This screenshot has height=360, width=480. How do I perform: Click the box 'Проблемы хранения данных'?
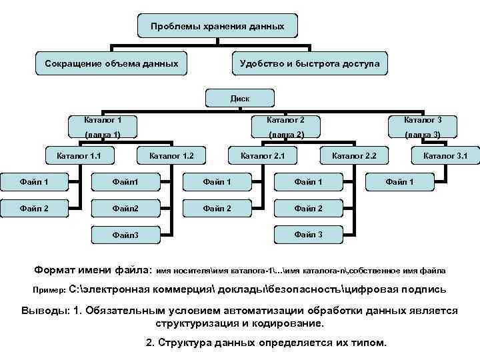point(217,27)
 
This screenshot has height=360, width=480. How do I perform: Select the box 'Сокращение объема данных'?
point(111,64)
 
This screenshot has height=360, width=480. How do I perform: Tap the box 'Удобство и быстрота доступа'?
point(306,64)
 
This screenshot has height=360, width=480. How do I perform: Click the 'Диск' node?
point(239,98)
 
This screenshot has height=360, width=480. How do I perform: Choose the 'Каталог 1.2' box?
point(171,157)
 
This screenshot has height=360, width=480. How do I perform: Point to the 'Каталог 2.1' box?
point(263,157)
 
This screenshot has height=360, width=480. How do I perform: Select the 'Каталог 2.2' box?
point(354,157)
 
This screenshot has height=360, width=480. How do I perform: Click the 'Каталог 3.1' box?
point(445,157)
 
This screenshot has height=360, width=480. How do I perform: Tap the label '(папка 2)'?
point(286,135)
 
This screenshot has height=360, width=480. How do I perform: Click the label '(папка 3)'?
point(423,135)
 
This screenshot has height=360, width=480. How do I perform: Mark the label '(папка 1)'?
point(102,135)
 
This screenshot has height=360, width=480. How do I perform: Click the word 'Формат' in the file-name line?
point(57,271)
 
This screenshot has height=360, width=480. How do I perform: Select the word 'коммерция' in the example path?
point(192,291)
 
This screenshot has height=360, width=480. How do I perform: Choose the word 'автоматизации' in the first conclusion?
point(251,311)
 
